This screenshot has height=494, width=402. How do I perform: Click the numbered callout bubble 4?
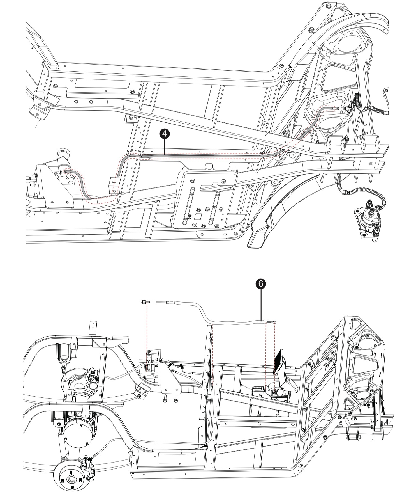coord(165,134)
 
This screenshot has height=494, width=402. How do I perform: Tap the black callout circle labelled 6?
coord(261,284)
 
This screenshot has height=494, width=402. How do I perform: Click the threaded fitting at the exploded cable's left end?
coord(144,302)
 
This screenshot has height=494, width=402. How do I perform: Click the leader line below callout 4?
coord(165,146)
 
